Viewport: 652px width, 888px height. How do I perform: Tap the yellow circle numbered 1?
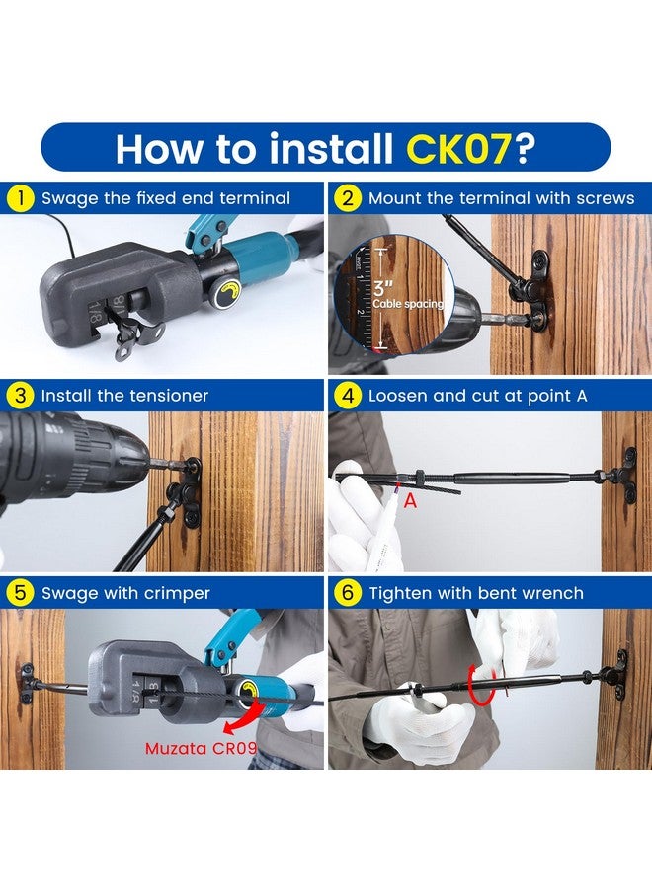click(21, 198)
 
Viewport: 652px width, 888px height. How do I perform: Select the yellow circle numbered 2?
click(347, 198)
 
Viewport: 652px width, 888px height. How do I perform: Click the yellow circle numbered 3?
click(21, 396)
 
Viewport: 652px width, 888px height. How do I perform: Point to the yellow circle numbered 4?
click(347, 396)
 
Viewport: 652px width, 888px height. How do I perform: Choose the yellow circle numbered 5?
click(21, 593)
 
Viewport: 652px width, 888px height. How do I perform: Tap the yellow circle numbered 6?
click(347, 593)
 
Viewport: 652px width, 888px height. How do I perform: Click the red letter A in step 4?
click(410, 500)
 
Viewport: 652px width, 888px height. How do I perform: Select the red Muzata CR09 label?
click(201, 748)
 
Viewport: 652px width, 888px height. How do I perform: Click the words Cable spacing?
click(408, 304)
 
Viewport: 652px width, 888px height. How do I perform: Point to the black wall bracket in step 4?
click(627, 476)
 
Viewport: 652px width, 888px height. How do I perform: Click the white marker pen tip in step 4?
click(397, 487)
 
